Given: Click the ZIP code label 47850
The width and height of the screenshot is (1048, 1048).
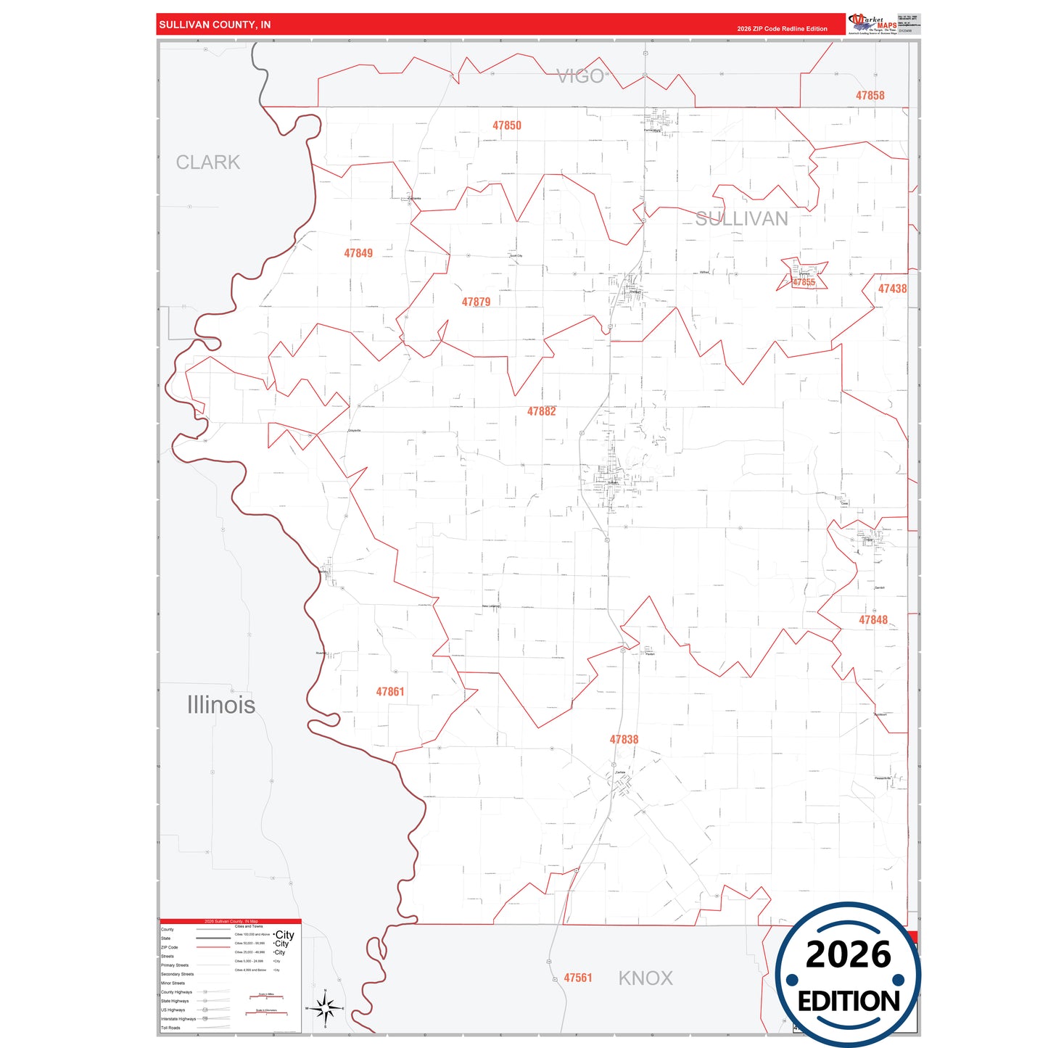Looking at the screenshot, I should tap(506, 125).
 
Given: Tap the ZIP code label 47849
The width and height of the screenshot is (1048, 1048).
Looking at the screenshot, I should tap(358, 253).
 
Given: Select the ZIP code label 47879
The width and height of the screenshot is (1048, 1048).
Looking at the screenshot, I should tap(476, 302).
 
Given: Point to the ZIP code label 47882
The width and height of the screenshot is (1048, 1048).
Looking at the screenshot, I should tap(541, 411).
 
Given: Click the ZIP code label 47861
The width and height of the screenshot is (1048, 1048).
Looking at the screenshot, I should tap(389, 692).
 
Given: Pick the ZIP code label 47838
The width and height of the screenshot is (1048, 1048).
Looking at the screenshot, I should tap(624, 740).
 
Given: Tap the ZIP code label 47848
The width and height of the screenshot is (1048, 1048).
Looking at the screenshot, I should tap(873, 620).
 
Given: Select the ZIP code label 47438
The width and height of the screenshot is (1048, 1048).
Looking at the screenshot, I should tap(892, 289).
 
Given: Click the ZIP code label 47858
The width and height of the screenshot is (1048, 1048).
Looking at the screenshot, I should tap(870, 96).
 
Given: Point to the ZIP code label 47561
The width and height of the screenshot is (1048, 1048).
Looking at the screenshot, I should tap(578, 978).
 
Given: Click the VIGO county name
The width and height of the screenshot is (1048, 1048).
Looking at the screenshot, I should tap(580, 76).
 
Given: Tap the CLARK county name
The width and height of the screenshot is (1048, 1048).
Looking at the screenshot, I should tap(208, 162).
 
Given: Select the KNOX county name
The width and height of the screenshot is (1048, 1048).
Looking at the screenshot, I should tap(645, 978).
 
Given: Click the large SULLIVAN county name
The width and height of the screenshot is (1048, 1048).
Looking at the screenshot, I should tap(741, 219).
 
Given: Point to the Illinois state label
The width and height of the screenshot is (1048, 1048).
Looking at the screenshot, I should tap(221, 705).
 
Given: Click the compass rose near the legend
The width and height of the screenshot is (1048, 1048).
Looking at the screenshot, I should tap(326, 1008).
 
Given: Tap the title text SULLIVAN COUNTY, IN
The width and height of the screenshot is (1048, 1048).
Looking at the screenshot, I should tap(215, 25).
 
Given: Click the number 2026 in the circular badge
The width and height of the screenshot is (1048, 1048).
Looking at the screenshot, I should tap(848, 954).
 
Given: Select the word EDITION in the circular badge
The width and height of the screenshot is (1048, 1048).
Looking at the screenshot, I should tap(849, 1002).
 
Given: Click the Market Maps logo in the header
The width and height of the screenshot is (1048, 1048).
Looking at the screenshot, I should tap(872, 24).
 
